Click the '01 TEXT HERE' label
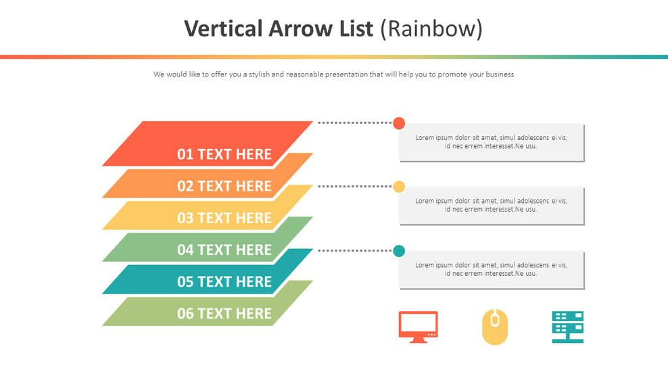[224, 154]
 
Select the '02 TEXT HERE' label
[224, 186]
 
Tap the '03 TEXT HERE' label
[224, 218]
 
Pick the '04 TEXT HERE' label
[224, 250]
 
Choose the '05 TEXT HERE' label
[224, 281]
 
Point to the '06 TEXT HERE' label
[224, 313]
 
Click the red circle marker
[399, 123]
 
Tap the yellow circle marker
[399, 187]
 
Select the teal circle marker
[399, 251]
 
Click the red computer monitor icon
[418, 327]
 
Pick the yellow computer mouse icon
[494, 327]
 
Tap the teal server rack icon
[567, 327]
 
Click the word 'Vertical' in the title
[222, 28]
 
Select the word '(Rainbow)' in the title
[431, 28]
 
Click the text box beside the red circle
[491, 142]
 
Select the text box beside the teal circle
[491, 269]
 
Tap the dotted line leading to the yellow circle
[354, 187]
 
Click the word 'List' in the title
[358, 28]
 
